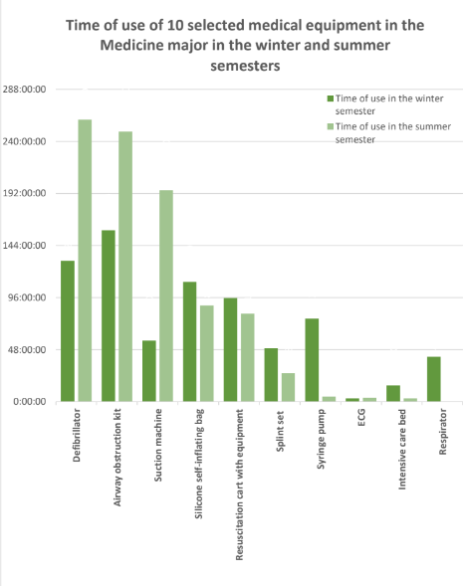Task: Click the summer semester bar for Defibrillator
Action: point(85,261)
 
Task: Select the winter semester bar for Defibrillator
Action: point(68,331)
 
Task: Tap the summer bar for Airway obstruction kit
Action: point(125,267)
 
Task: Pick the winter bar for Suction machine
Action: point(149,371)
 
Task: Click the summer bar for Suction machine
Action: point(166,296)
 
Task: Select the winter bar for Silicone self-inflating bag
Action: point(189,341)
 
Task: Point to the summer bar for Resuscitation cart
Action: point(248,357)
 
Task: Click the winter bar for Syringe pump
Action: point(312,360)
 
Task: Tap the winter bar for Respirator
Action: point(434,379)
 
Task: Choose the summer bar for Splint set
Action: point(289,388)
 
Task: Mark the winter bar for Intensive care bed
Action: point(393,394)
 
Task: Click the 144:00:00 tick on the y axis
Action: point(24,246)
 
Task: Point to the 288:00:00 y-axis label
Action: point(24,90)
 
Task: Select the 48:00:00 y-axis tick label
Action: point(27,350)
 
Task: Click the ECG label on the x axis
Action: point(361,418)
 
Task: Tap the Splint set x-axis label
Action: point(280,431)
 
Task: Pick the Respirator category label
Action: point(443,432)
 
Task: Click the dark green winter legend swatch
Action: point(331,98)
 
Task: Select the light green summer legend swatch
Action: point(331,126)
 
